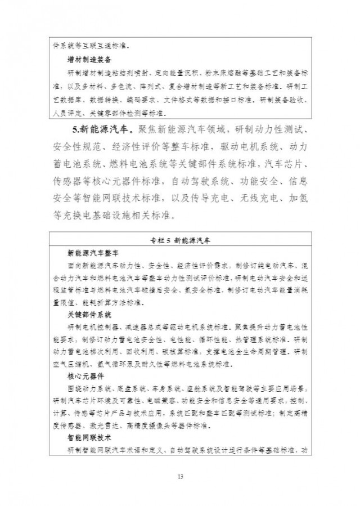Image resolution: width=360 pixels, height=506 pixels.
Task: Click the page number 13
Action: (180, 477)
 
